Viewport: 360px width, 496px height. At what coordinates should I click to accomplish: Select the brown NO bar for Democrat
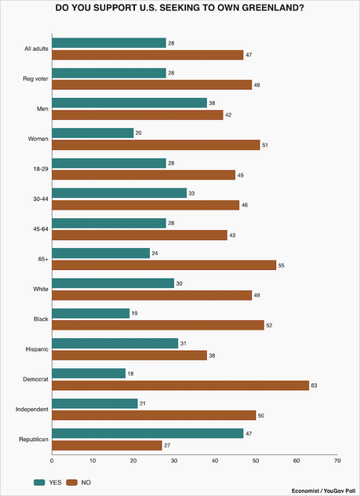coord(180,385)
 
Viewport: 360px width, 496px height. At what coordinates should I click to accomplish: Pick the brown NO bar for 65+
coord(164,265)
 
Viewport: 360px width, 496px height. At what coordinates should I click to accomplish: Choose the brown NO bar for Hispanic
coord(129,355)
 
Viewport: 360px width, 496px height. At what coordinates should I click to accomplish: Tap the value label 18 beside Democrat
coord(130,372)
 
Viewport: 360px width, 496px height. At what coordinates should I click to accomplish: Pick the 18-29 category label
coord(36,169)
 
